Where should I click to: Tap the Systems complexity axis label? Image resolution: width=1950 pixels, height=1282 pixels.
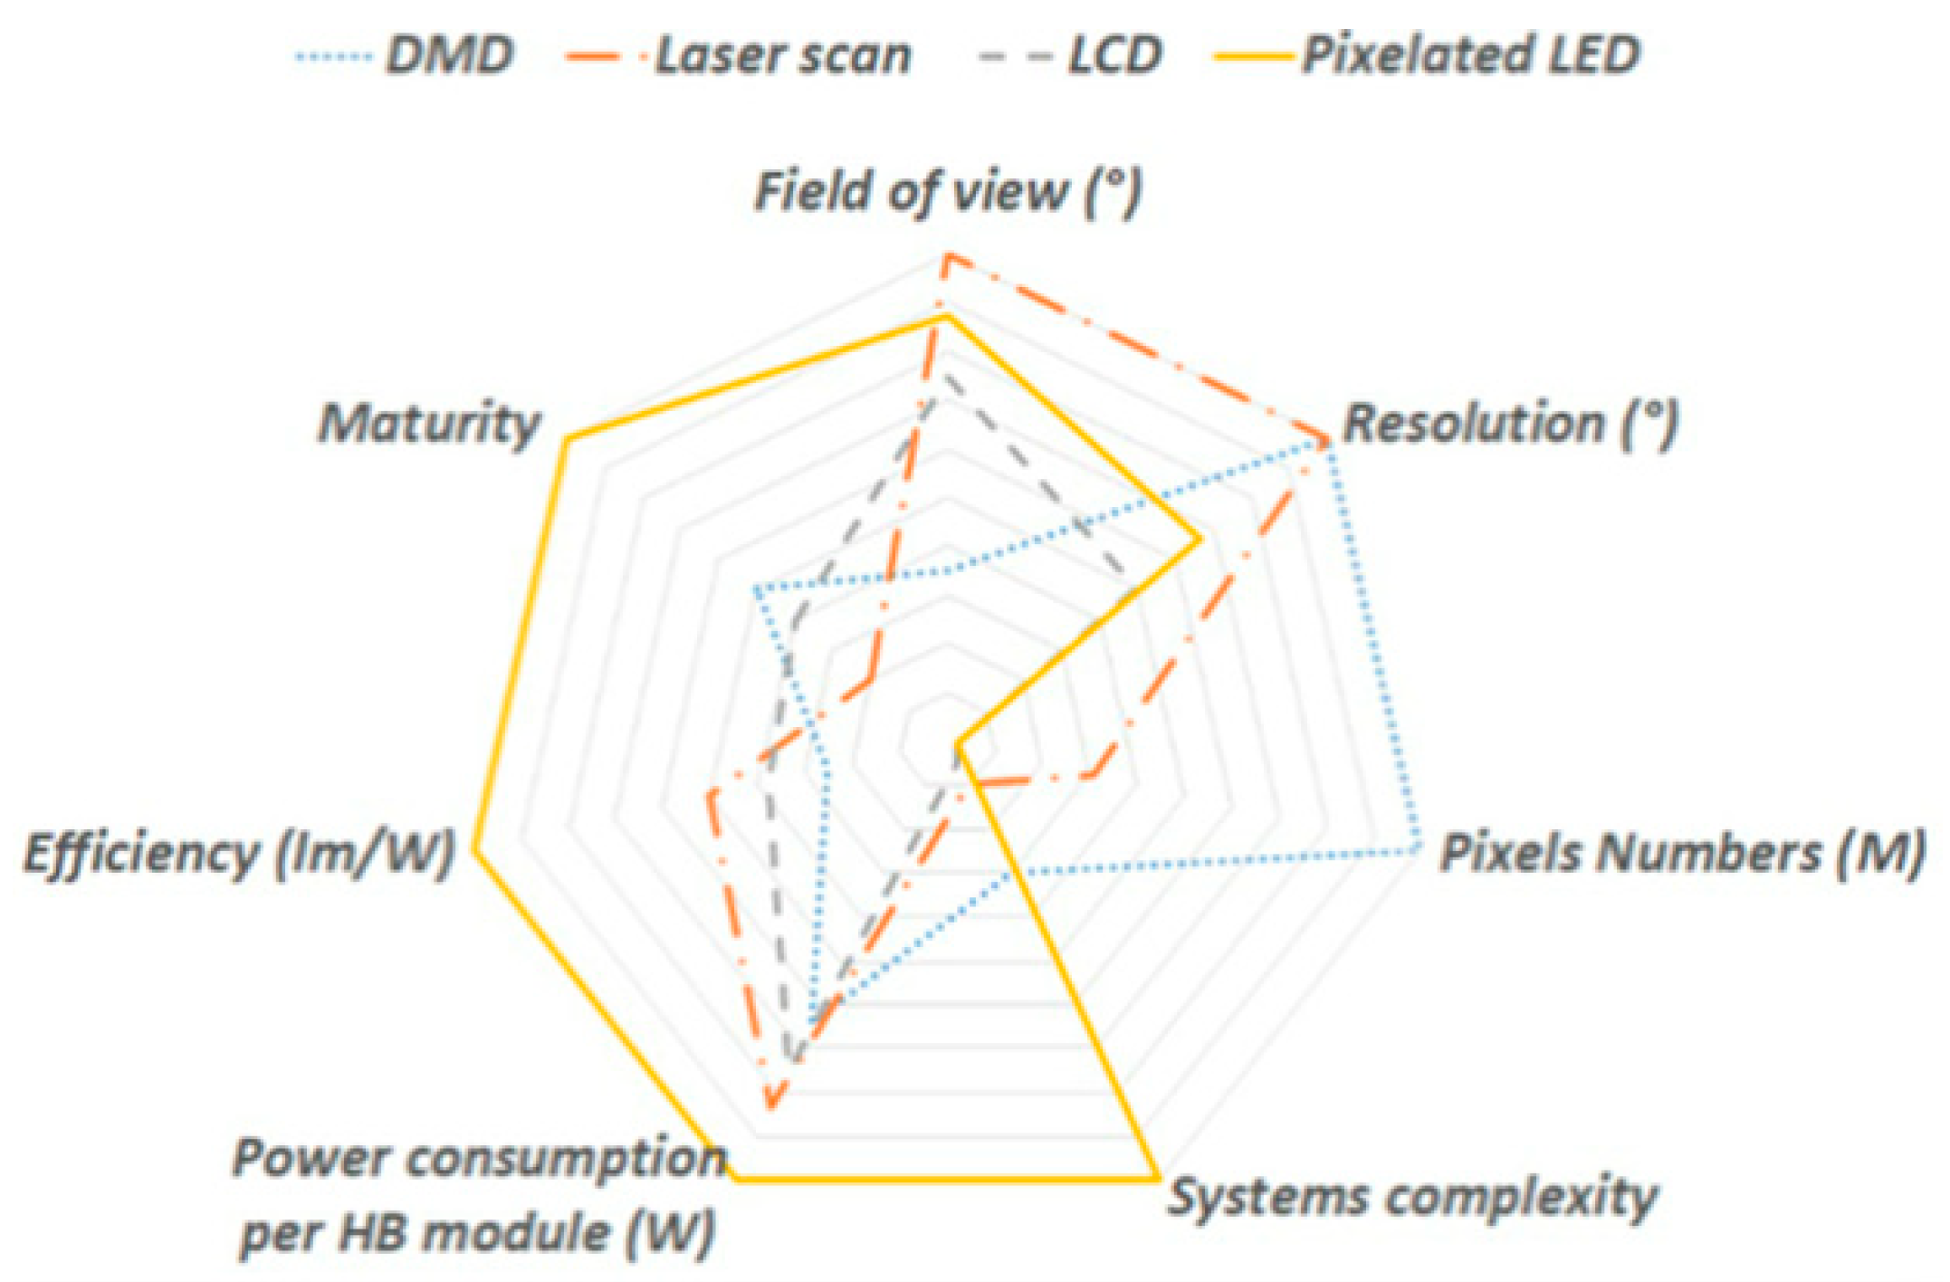pos(1412,1197)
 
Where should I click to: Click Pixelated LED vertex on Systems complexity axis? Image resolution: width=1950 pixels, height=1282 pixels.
pos(1158,1178)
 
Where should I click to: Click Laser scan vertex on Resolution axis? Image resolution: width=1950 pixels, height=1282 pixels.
pos(1327,443)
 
